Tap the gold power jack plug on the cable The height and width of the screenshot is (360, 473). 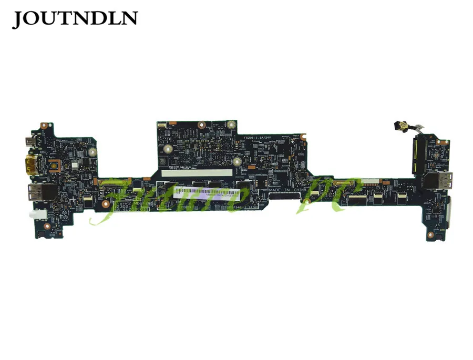395,126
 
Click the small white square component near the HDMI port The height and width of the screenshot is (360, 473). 75,164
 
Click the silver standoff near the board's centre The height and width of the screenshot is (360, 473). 237,162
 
